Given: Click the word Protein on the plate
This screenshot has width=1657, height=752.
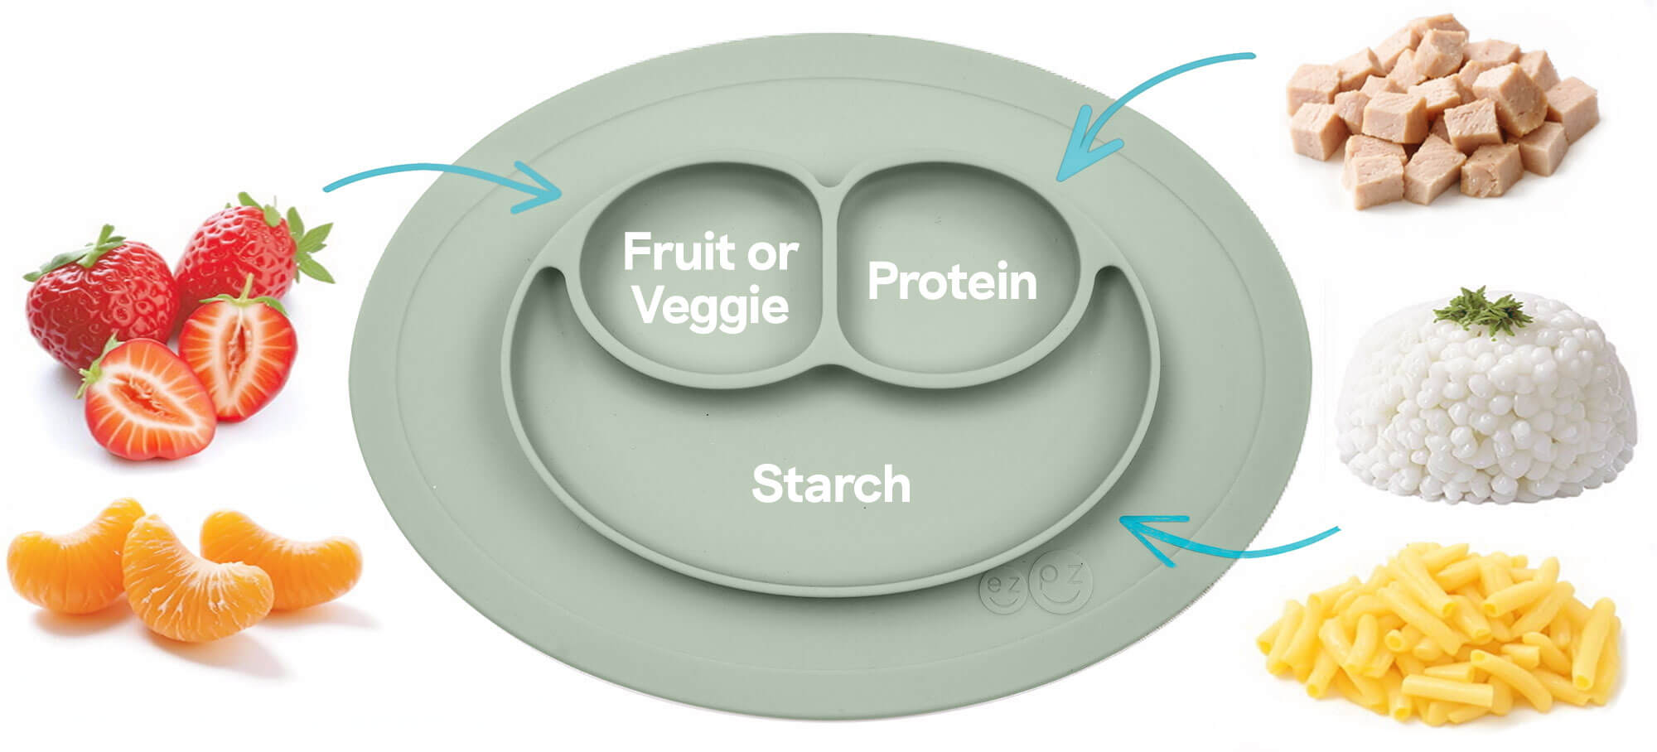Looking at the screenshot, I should click(x=952, y=282).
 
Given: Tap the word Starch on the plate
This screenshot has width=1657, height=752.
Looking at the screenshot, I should click(x=831, y=484).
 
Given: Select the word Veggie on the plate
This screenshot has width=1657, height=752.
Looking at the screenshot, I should click(x=711, y=307).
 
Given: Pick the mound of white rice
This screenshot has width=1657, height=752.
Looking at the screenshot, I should click(x=1483, y=406).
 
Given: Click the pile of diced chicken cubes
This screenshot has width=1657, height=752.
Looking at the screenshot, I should click(x=1442, y=112).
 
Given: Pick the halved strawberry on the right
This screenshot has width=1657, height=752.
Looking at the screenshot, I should click(x=240, y=356).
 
